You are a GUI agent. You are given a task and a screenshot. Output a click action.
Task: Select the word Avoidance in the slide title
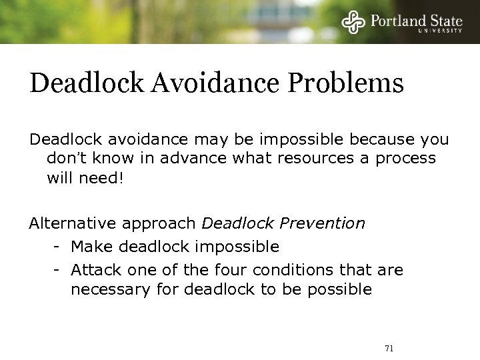[213, 85]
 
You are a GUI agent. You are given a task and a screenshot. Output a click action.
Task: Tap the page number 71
[389, 348]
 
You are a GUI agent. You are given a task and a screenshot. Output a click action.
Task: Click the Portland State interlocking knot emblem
[354, 23]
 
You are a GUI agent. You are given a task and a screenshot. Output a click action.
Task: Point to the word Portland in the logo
[399, 20]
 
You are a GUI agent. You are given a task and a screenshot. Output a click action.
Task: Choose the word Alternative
[68, 223]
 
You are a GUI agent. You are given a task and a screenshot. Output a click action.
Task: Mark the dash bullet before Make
[58, 247]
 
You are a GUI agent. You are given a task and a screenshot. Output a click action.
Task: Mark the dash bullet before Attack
[58, 270]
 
